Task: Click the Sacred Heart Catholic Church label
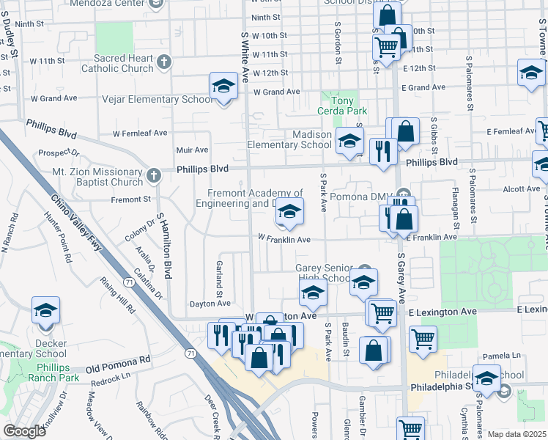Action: (123, 63)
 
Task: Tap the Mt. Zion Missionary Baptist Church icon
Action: (152, 176)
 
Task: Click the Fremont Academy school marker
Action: (289, 213)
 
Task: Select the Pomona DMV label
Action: (355, 197)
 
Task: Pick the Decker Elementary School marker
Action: (45, 311)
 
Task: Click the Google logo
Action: (24, 431)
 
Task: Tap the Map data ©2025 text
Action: (517, 434)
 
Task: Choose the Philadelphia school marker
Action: (486, 379)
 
